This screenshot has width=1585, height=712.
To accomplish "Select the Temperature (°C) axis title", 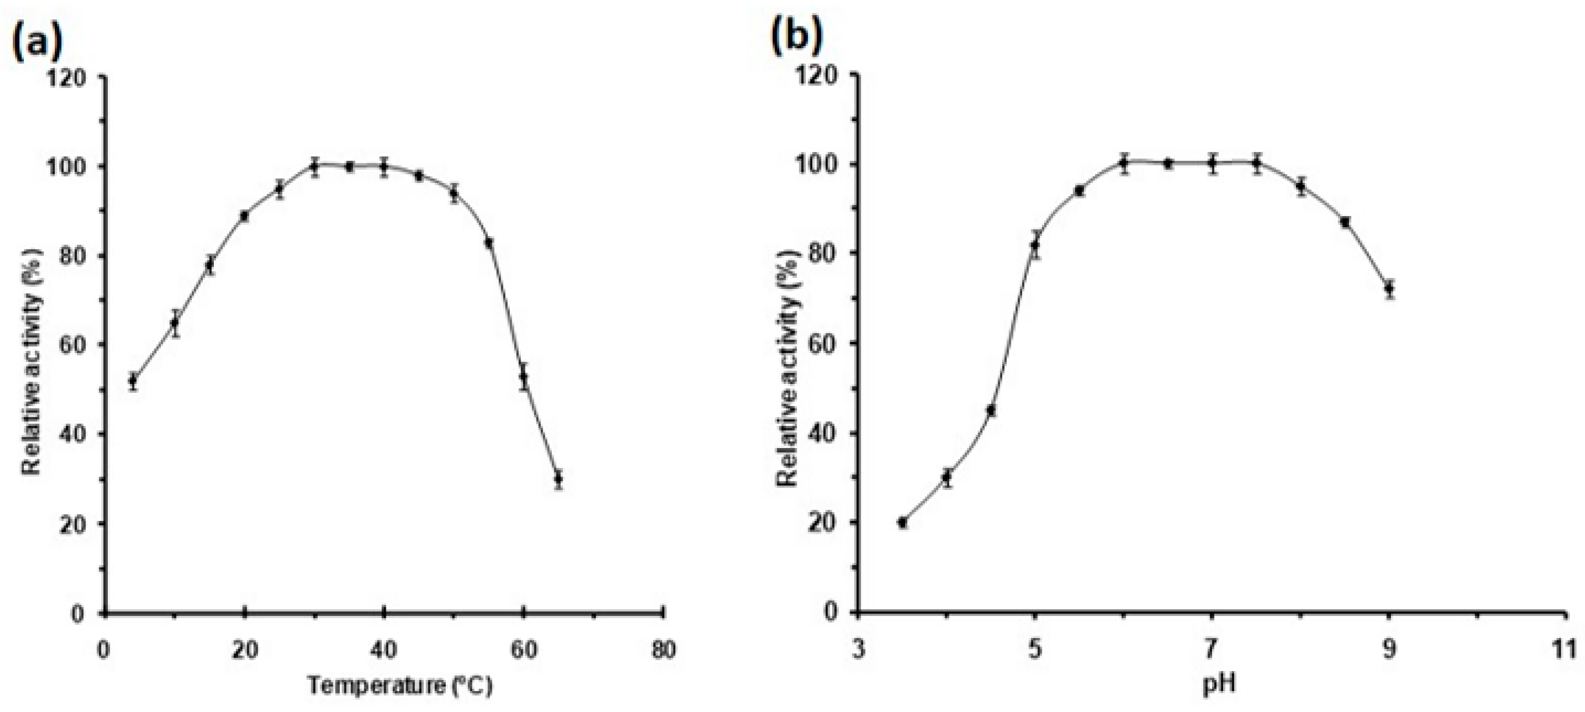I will [400, 685].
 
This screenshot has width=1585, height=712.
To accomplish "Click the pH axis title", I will [1219, 683].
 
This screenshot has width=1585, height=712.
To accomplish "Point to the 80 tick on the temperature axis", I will [662, 650].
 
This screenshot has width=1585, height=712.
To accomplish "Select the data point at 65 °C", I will [558, 478].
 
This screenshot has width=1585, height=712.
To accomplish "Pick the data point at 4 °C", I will [132, 380].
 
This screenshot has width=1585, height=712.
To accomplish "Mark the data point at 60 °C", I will [524, 376].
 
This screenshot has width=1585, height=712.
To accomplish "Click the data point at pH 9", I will [1388, 288].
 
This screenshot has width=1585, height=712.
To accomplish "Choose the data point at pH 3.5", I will [903, 523].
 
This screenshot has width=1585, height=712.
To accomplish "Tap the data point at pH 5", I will [1035, 245].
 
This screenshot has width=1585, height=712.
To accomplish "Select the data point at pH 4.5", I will [991, 410].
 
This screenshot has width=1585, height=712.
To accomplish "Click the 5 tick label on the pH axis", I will [1035, 650].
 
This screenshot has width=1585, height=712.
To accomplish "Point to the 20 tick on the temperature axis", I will [244, 650].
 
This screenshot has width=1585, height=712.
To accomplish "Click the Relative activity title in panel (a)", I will [32, 361].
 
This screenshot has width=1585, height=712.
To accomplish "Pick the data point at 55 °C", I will [489, 243].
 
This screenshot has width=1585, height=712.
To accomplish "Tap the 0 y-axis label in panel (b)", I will [832, 612].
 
